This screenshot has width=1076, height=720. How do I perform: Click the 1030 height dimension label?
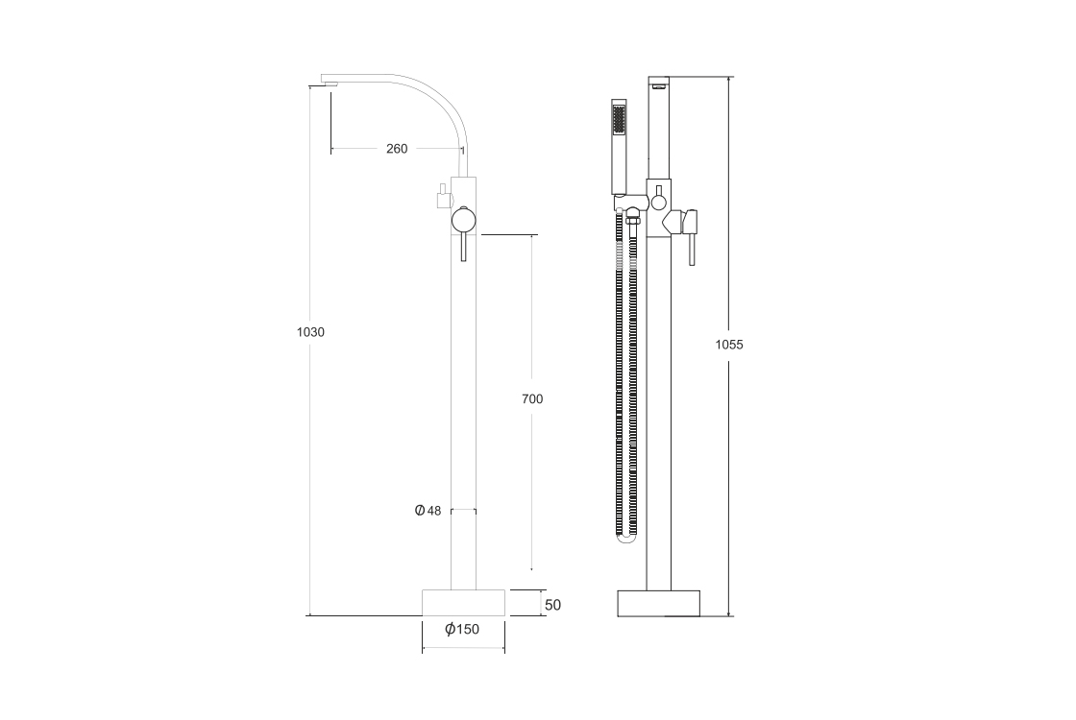coord(310,332)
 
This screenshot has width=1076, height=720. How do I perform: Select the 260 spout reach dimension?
coord(397,148)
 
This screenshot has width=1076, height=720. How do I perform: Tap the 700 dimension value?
coord(532,398)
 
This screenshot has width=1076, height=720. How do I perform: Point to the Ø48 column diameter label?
coord(428,510)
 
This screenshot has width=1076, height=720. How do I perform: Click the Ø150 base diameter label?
coord(462,629)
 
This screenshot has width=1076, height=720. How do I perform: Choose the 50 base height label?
coord(552,605)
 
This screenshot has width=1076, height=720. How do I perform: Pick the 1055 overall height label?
coord(729,345)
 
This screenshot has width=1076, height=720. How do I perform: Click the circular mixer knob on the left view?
coord(463,220)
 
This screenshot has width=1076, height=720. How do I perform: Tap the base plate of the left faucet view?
coord(463,603)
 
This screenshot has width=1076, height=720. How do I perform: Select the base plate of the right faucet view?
coord(659,604)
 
